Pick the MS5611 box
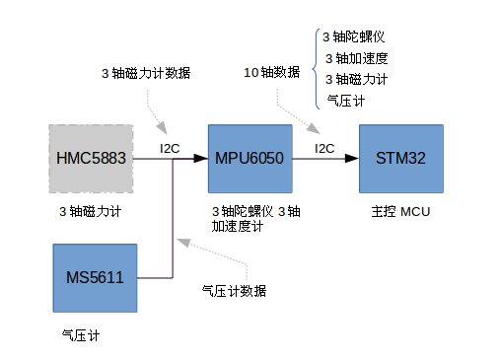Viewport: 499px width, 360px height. pos(95,277)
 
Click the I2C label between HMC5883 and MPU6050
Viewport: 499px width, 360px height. pos(171,149)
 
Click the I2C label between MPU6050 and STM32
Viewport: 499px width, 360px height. pos(324,149)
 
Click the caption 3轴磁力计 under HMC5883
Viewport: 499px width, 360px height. pos(90,211)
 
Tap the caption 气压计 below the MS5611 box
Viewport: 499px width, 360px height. pos(80,335)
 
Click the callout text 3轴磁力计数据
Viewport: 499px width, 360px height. pos(146,74)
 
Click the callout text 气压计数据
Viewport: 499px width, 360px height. pos(234,291)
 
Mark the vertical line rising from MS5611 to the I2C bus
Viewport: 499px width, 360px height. pos(174,217)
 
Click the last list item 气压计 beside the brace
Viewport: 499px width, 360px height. pos(346,100)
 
